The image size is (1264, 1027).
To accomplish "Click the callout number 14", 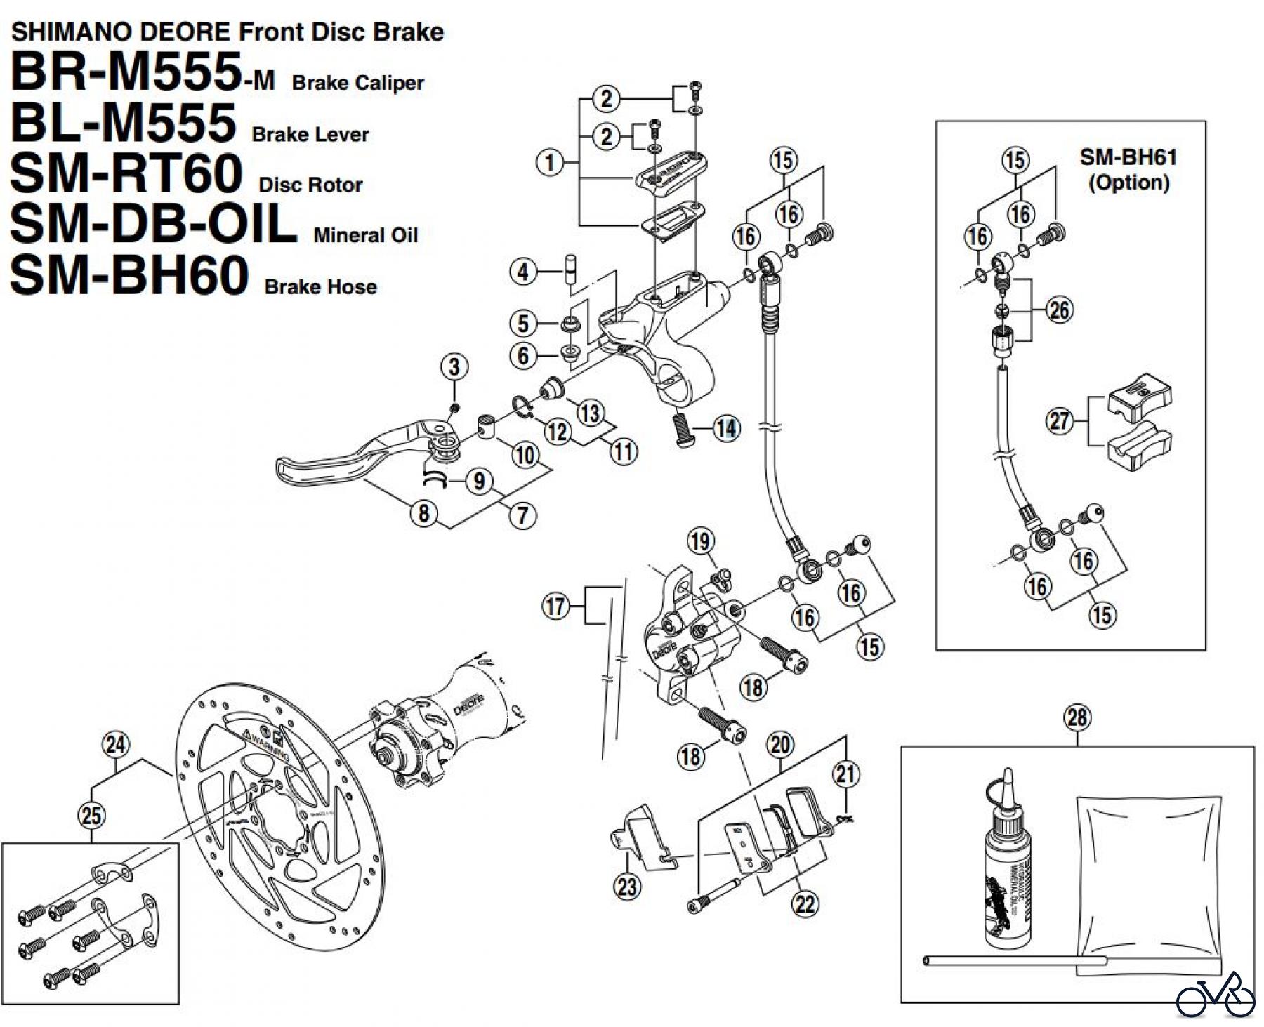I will click(x=726, y=428).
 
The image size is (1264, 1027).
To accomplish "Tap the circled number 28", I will click(x=1077, y=717).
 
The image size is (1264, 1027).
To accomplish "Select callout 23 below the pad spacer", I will click(x=627, y=887).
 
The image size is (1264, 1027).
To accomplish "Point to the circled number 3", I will click(x=454, y=366).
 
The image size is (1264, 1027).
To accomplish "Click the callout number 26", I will click(x=1060, y=310).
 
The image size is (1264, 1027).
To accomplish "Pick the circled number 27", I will click(x=1060, y=421).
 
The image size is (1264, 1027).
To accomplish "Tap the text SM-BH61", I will click(x=1128, y=157).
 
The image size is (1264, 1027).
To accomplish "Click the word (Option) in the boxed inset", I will click(x=1128, y=183).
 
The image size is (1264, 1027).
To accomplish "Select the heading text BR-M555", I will click(x=126, y=72).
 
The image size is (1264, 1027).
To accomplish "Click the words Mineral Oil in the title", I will click(x=365, y=235).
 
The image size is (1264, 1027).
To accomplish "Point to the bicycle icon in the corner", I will click(x=1215, y=995).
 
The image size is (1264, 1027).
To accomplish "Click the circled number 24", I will click(x=116, y=744).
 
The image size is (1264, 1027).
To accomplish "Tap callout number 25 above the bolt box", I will click(x=91, y=816).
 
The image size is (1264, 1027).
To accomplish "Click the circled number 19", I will click(x=700, y=541).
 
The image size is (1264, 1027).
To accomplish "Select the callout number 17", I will click(x=555, y=605).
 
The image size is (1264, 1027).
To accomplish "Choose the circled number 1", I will click(x=549, y=163).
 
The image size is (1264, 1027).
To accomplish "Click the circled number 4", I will click(x=522, y=272).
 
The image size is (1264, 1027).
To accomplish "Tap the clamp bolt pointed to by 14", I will click(x=683, y=429).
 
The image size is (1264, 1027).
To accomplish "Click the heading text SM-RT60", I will click(x=126, y=174).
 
